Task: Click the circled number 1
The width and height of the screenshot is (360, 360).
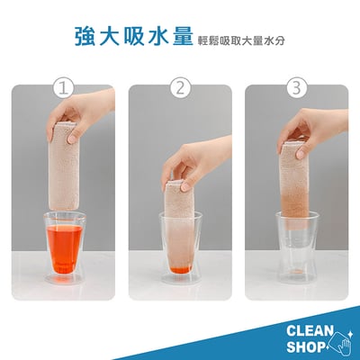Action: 63,88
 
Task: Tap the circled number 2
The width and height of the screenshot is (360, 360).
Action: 180,88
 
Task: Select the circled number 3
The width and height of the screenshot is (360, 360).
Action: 296,88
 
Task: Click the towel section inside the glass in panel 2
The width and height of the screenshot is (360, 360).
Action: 180,243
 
